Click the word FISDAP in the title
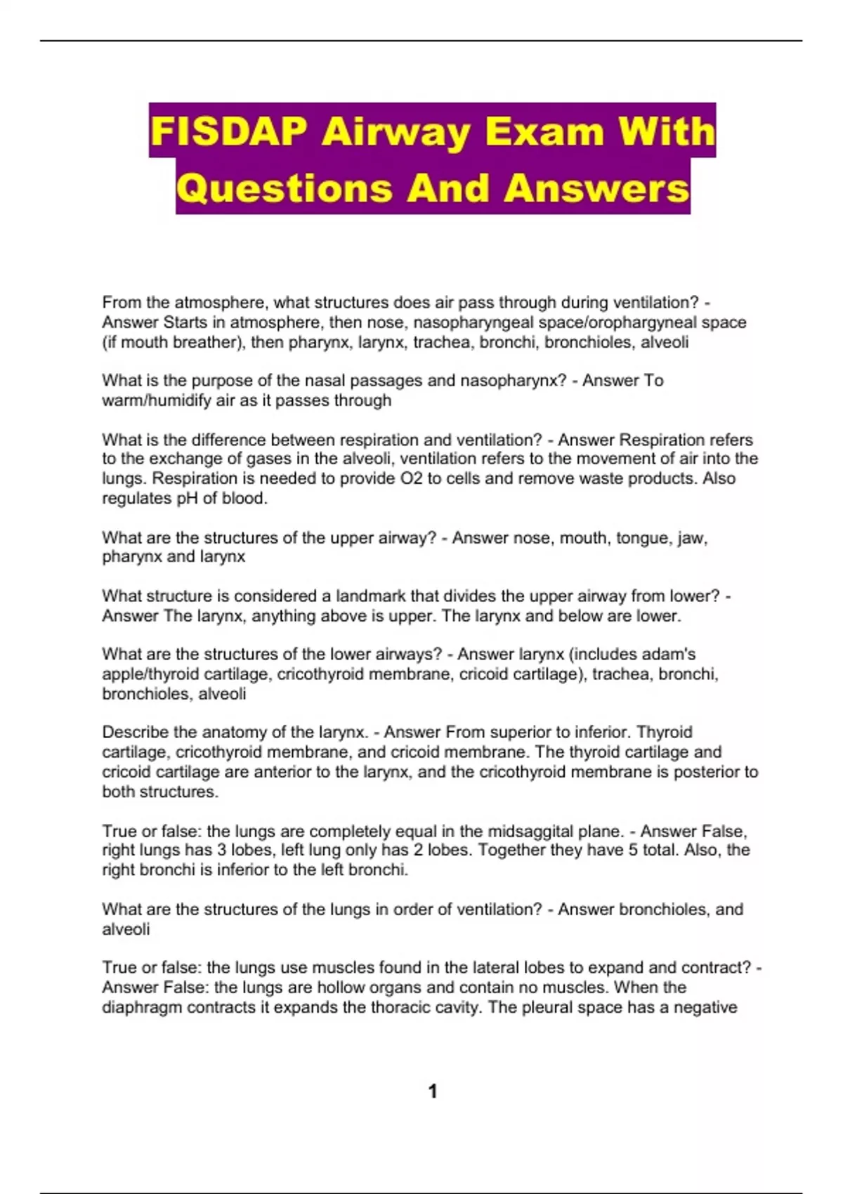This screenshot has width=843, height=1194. [228, 131]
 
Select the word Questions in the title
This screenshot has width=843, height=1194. [285, 188]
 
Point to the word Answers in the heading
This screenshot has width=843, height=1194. [596, 188]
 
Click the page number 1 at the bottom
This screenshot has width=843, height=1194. [433, 1091]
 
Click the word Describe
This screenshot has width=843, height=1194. [135, 732]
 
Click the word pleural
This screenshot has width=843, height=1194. [548, 1007]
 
